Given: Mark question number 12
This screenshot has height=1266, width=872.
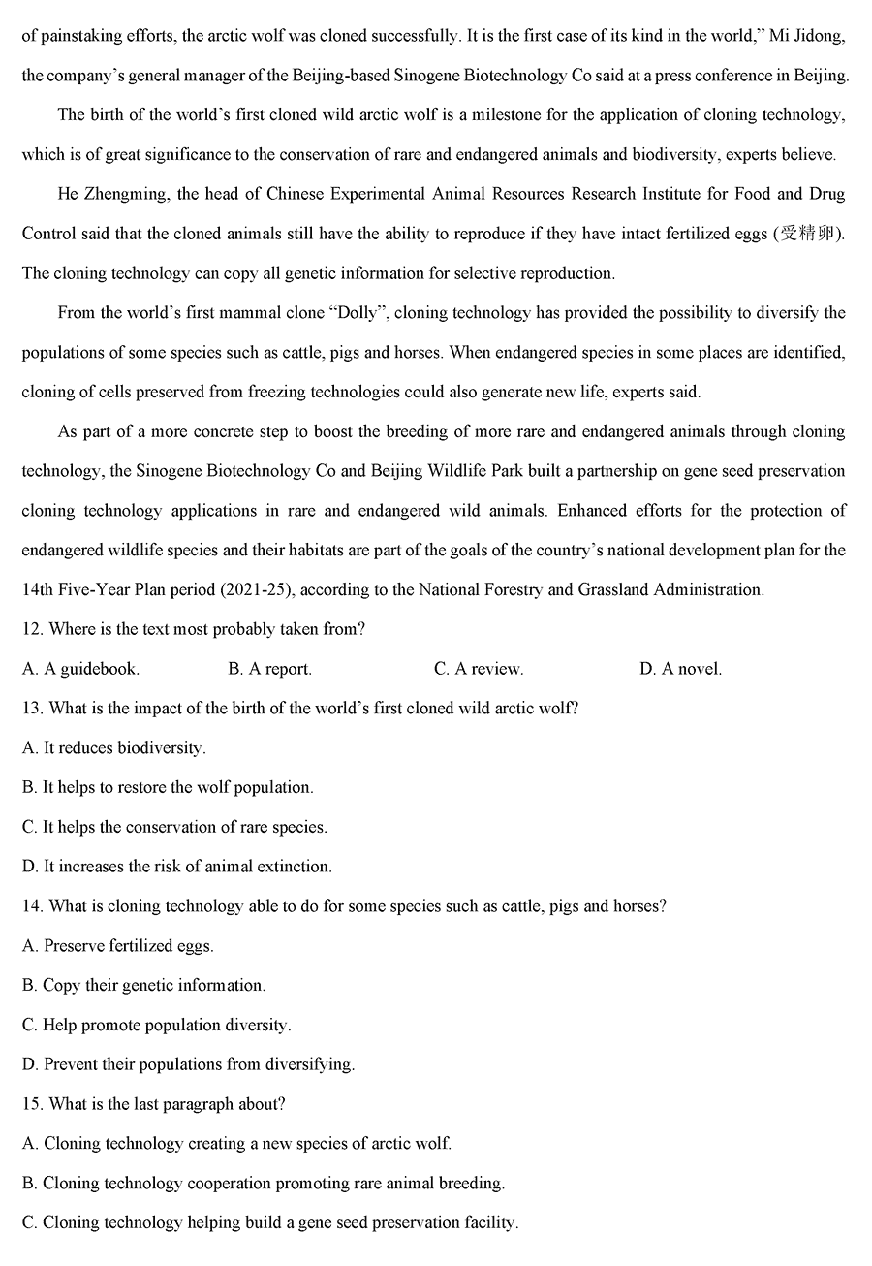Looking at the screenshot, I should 32,629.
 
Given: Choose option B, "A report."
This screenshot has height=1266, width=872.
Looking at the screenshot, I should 269,669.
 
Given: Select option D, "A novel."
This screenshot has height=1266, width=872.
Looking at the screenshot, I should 680,669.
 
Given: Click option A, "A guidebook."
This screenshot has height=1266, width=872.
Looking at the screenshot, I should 80,669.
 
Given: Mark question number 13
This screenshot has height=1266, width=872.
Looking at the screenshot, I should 32,709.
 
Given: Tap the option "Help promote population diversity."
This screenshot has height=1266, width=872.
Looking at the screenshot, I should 156,1025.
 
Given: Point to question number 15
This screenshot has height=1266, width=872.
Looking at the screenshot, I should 32,1104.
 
